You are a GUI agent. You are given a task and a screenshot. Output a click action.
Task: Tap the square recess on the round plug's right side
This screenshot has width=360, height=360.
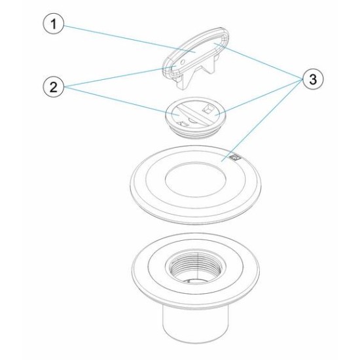pos(210,109)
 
